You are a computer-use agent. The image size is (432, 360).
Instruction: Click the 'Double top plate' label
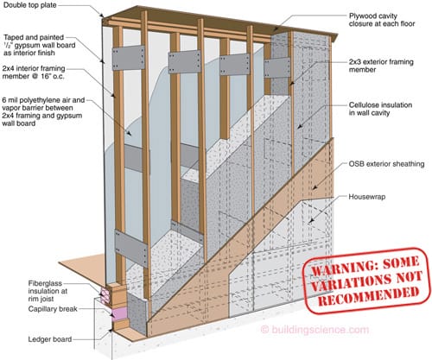point(30,5)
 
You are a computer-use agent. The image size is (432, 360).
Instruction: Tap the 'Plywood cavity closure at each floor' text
point(382,20)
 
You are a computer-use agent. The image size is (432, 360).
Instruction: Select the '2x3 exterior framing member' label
point(381,66)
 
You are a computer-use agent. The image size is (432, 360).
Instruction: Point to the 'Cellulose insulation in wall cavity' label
point(380,109)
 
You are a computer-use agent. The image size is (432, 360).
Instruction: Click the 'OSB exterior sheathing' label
point(386,164)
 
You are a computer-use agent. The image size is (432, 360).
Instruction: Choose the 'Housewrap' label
point(367,197)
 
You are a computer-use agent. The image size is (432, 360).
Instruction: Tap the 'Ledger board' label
point(50,339)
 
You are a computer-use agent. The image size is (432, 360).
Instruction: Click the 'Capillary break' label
point(53,309)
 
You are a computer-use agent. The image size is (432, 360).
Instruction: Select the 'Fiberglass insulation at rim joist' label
point(48,291)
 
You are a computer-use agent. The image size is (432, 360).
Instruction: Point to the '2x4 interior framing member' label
point(34,73)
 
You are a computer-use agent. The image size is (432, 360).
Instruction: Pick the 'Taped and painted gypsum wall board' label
point(40,45)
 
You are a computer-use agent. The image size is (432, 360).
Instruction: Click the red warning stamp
point(366,281)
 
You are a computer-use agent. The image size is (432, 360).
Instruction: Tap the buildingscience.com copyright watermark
point(314,330)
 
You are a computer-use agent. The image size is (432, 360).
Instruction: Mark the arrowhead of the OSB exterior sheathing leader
point(314,187)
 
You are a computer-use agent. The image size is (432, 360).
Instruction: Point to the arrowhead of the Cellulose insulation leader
point(299,126)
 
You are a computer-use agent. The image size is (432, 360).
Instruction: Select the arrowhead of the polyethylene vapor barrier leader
point(129,133)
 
